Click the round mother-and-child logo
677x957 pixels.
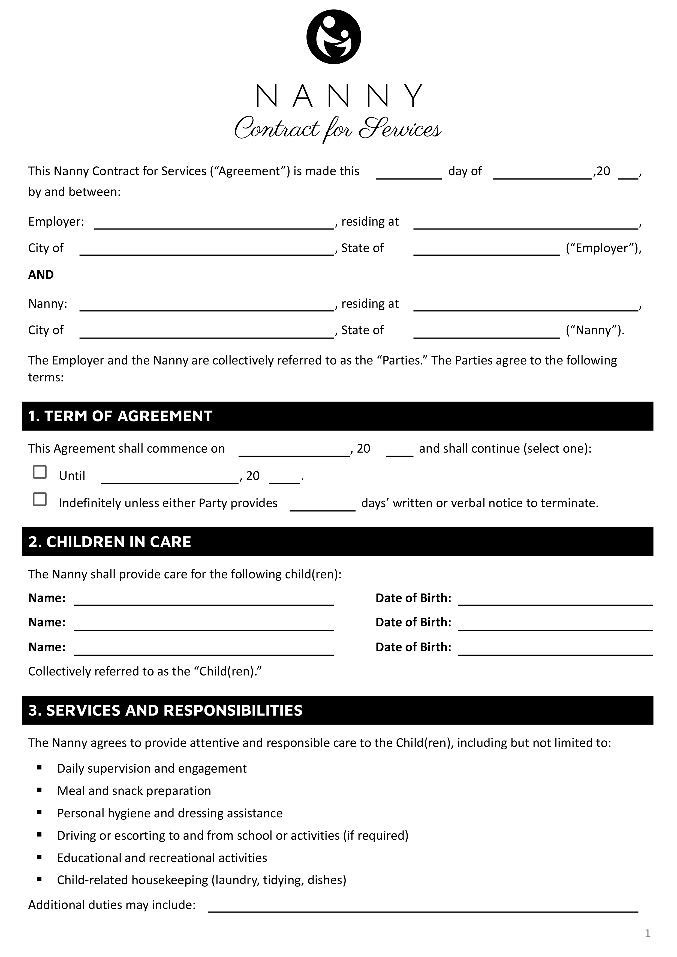pos(333,37)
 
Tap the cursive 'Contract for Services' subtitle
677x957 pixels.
pos(338,128)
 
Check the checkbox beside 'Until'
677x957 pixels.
pos(40,472)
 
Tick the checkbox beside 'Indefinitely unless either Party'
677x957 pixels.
pos(40,499)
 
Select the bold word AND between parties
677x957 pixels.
pos(41,275)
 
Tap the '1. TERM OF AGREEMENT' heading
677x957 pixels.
pos(120,416)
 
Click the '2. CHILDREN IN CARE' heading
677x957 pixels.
pos(110,542)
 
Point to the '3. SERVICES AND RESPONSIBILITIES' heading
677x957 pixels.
pos(166,710)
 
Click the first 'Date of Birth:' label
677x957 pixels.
pos(413,598)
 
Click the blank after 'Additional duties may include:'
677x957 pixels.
pos(423,908)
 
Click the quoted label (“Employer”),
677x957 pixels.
pos(603,248)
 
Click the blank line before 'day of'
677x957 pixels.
pos(408,175)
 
